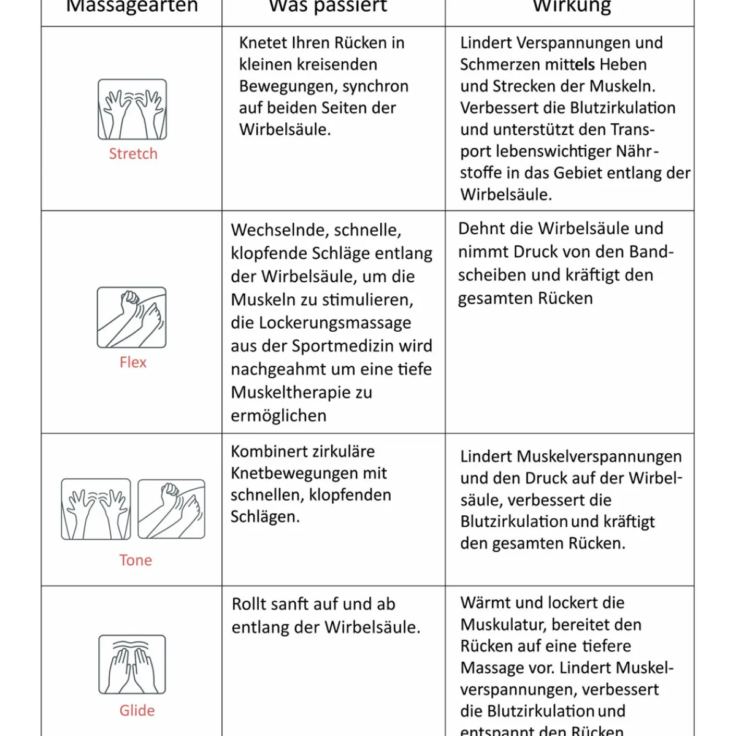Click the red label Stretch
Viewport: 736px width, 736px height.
pyautogui.click(x=133, y=154)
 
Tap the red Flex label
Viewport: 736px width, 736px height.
pyautogui.click(x=133, y=362)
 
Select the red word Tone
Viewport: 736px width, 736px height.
pyautogui.click(x=136, y=560)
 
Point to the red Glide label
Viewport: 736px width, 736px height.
pyautogui.click(x=137, y=710)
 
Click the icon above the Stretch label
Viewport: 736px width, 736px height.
pyautogui.click(x=132, y=109)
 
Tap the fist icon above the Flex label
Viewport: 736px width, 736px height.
pyautogui.click(x=132, y=318)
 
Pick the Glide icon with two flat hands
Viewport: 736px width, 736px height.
pyautogui.click(x=132, y=664)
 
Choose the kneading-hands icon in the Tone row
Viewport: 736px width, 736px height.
pyautogui.click(x=96, y=509)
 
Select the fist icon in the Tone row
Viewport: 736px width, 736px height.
pyautogui.click(x=172, y=509)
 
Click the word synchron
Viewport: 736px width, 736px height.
pyautogui.click(x=375, y=86)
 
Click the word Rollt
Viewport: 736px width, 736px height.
pyautogui.click(x=250, y=604)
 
